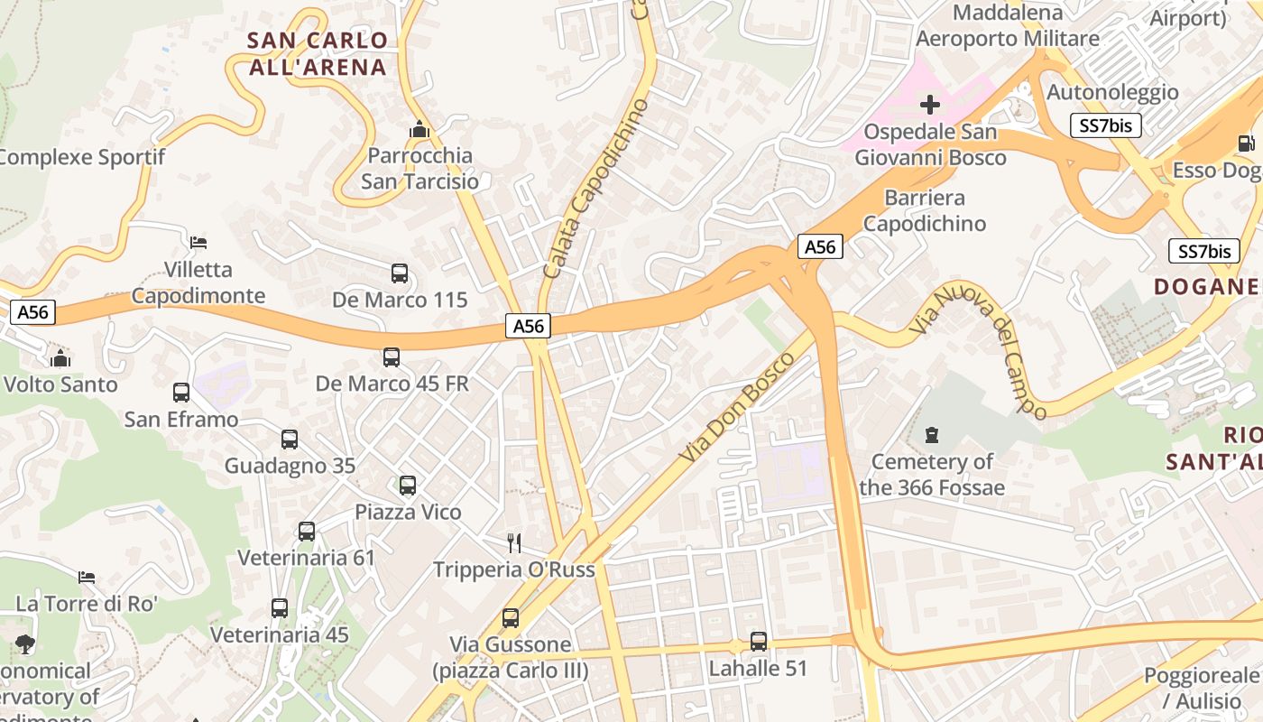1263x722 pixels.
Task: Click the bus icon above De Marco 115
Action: tap(400, 273)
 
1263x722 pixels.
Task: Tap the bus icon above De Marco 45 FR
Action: tap(392, 357)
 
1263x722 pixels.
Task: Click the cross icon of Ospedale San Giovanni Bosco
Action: tap(930, 105)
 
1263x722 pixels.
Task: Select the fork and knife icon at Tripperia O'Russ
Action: tap(514, 542)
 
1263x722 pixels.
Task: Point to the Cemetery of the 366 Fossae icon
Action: tap(932, 435)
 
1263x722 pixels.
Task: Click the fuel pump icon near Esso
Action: tap(1246, 143)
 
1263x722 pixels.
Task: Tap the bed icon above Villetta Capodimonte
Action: tap(198, 242)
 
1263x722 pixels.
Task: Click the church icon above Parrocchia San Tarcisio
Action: tap(419, 130)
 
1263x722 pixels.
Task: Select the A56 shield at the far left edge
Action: tap(33, 312)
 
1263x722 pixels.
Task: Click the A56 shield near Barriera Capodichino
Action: tap(820, 246)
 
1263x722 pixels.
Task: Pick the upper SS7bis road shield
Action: tap(1106, 125)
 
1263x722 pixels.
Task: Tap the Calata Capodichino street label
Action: tap(595, 190)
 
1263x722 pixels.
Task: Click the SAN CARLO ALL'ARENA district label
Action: tap(317, 53)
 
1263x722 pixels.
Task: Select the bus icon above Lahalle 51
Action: tap(759, 642)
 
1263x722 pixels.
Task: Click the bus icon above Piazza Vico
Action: tap(408, 486)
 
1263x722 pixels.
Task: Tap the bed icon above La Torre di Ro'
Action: tap(87, 577)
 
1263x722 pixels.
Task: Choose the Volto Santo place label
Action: tap(60, 384)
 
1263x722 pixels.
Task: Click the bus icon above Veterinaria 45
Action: tap(280, 608)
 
